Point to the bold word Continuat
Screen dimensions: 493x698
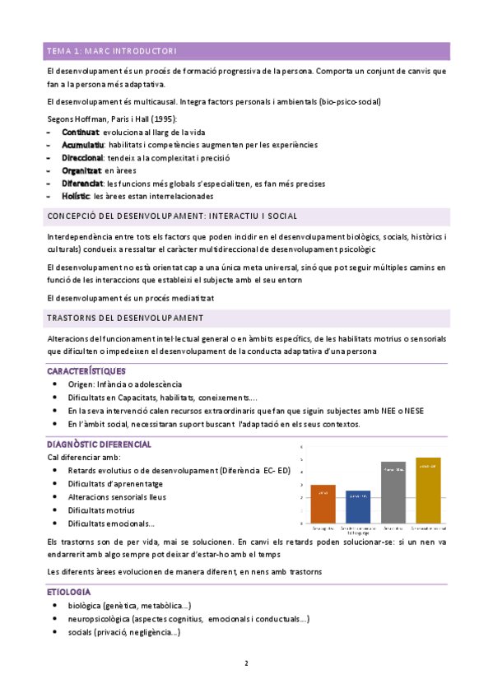(x=80, y=132)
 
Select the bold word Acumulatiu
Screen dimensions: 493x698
(x=83, y=145)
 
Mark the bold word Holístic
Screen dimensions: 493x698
(x=77, y=197)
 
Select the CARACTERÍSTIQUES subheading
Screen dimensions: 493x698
(x=86, y=371)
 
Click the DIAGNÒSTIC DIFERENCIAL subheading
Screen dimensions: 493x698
(x=99, y=444)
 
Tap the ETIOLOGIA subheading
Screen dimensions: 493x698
(x=69, y=592)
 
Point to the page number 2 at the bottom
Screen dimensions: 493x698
(x=246, y=663)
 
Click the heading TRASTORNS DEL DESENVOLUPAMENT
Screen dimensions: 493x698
(x=126, y=319)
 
